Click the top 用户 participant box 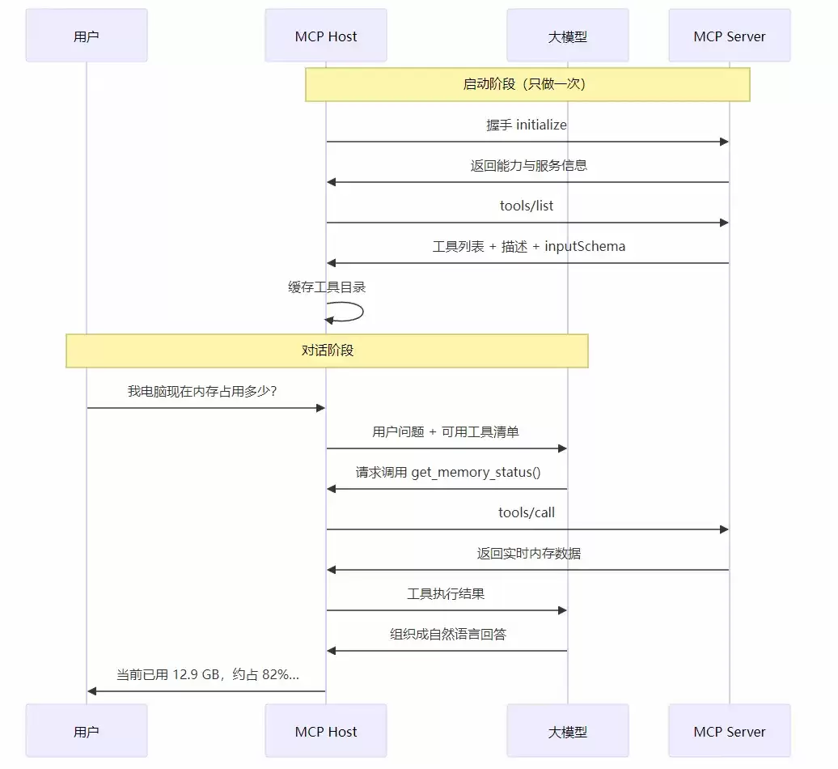coord(87,36)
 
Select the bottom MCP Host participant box coord(326,730)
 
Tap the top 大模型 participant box coord(568,36)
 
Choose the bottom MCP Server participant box coord(730,730)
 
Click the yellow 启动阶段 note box coord(527,84)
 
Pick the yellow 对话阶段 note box coord(327,351)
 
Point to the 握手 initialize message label coord(527,125)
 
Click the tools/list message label coord(527,206)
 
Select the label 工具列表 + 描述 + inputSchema coord(528,247)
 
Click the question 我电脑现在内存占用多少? coord(202,392)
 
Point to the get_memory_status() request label coord(448,473)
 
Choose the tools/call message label coord(527,513)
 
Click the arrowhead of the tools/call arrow coord(724,529)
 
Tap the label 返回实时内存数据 coord(528,554)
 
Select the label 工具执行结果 coord(446,594)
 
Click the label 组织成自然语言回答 coord(448,635)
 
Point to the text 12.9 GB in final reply coord(196,675)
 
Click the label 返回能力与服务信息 coord(528,166)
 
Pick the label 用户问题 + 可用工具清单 coord(446,432)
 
